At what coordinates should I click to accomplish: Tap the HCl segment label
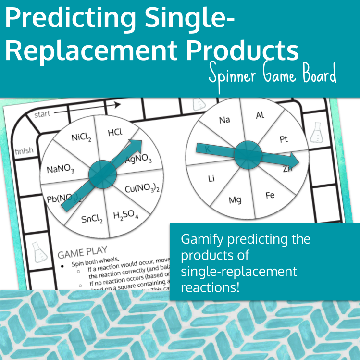[x=115, y=132]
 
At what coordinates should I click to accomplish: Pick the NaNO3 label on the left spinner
[x=61, y=169]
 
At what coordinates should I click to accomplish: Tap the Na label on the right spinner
[x=224, y=120]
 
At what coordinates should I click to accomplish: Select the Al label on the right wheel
[x=260, y=115]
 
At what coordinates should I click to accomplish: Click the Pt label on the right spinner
[x=284, y=139]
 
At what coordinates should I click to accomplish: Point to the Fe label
[x=270, y=196]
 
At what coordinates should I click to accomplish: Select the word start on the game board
[x=42, y=114]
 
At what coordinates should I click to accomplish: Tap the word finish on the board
[x=24, y=151]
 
